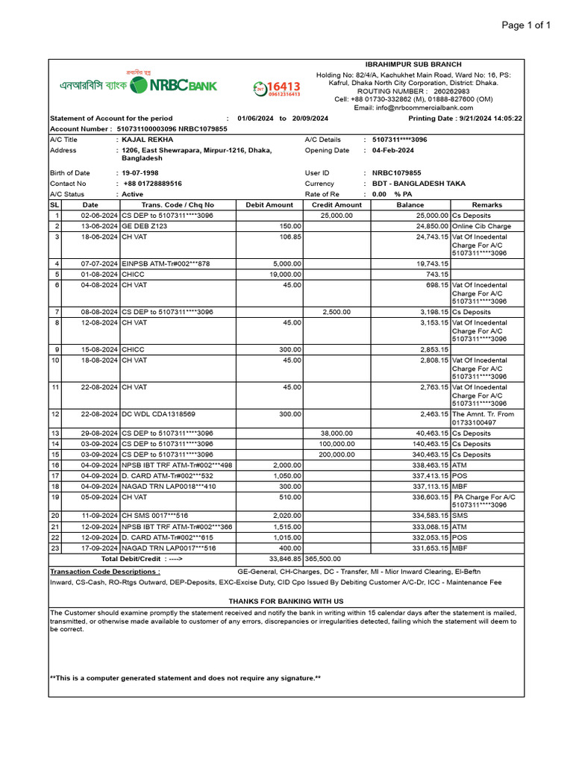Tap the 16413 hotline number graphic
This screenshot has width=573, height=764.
click(277, 89)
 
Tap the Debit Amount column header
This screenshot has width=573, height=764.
click(269, 204)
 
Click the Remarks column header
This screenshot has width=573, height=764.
click(486, 204)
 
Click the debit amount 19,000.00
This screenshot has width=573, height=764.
click(285, 274)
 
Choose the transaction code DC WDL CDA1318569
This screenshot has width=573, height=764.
click(158, 414)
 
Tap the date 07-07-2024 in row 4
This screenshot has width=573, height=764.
click(100, 263)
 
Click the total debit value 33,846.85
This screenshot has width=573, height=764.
click(285, 558)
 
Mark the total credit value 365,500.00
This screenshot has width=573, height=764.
click(323, 558)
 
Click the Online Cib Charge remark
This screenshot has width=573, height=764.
click(481, 226)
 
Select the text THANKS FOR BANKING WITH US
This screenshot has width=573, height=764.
click(286, 601)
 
